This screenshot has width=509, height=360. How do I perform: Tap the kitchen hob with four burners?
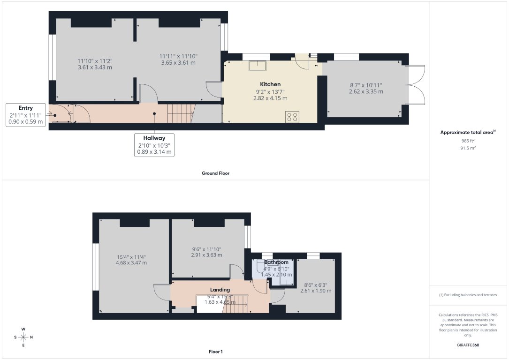(292, 117)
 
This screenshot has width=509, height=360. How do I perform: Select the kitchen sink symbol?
(258, 66)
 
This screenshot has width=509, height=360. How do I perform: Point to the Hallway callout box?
(154, 145)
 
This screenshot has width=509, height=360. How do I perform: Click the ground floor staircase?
(181, 113)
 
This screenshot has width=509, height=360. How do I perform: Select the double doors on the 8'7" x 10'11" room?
(417, 85)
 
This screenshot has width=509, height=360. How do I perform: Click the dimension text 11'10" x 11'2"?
(95, 64)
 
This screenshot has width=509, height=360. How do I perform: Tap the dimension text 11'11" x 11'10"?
(178, 59)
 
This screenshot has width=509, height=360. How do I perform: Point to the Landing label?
(220, 290)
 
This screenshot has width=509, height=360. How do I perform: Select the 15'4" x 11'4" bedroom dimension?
(131, 260)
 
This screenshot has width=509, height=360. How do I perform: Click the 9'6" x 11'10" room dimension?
(206, 252)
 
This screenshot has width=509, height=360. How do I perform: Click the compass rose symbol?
(23, 337)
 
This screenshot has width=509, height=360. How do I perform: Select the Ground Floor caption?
(216, 173)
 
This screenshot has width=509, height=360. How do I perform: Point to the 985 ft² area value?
(468, 141)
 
